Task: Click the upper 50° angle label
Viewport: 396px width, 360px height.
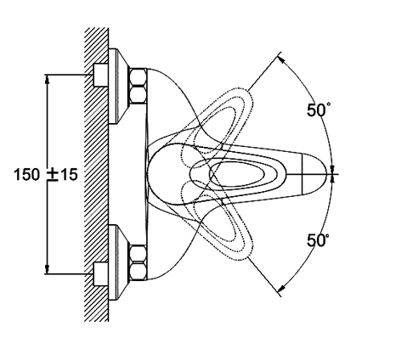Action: (318, 110)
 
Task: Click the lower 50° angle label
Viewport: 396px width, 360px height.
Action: (318, 240)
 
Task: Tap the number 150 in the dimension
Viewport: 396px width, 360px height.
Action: (27, 174)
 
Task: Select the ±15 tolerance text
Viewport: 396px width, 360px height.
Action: (62, 174)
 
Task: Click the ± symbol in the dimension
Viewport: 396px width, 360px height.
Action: (53, 175)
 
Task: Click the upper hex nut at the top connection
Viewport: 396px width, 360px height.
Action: (138, 76)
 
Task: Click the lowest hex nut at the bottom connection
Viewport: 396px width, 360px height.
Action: (138, 272)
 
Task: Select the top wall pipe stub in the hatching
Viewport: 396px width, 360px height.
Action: (100, 75)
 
